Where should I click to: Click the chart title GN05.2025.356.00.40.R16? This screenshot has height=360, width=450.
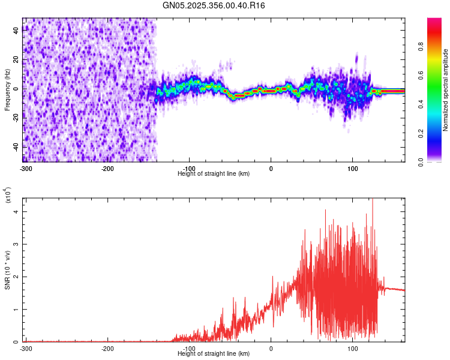click(214, 5)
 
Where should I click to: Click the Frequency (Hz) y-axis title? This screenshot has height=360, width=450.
click(7, 90)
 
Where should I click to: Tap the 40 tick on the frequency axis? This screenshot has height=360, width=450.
click(16, 31)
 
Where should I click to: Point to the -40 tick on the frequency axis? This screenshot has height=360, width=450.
click(14, 146)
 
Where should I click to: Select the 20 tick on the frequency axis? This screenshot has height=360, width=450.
click(16, 60)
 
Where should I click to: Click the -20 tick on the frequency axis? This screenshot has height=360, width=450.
click(14, 118)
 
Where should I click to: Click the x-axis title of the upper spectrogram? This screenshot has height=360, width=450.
click(214, 173)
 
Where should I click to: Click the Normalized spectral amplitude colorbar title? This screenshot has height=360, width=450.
click(446, 90)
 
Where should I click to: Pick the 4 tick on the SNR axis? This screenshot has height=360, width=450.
click(17, 212)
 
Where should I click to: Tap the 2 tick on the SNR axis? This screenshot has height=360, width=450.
click(17, 277)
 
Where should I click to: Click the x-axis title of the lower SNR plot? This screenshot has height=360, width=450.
click(214, 353)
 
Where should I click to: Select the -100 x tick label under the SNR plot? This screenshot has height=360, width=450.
click(190, 348)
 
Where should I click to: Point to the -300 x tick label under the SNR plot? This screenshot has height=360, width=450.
click(26, 348)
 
